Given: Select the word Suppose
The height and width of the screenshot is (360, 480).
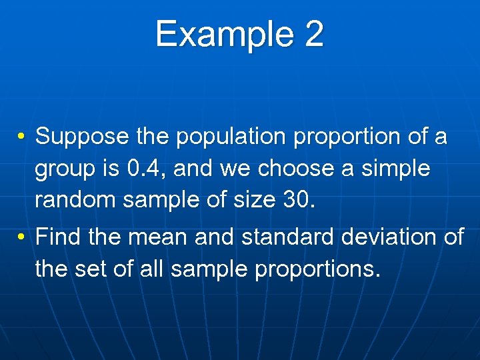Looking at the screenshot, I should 81,137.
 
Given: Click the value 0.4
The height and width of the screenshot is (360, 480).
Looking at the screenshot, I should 141,169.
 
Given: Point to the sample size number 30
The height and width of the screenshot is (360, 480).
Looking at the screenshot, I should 296,201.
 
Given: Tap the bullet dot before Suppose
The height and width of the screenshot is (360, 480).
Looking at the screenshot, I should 22,137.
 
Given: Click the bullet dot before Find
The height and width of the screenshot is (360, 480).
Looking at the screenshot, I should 22,238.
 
